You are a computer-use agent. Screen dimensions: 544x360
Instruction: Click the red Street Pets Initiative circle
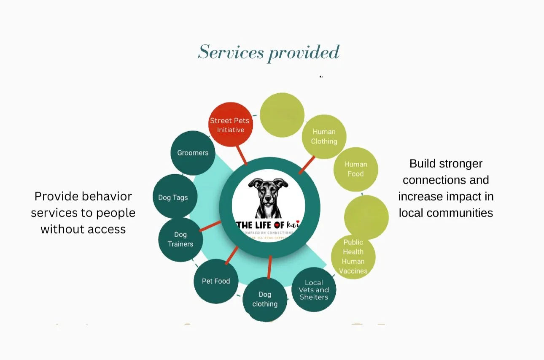(x=230, y=125)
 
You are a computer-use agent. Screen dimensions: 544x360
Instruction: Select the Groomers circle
(x=193, y=153)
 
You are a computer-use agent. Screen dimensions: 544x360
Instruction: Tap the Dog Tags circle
(x=173, y=197)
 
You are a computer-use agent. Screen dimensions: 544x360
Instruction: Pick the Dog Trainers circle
(x=180, y=239)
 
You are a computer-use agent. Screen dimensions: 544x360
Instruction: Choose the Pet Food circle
(x=216, y=281)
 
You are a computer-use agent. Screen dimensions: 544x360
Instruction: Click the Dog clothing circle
(x=265, y=299)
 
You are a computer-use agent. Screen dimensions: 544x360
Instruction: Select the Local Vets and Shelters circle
(x=314, y=290)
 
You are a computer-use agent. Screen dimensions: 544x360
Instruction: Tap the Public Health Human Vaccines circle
(x=353, y=257)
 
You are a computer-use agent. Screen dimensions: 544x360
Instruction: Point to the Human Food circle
(x=355, y=169)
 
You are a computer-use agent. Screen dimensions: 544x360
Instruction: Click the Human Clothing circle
(x=324, y=137)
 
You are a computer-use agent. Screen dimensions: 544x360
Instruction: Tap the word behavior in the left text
(x=107, y=196)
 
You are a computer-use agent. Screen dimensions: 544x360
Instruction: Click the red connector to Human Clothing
(x=307, y=165)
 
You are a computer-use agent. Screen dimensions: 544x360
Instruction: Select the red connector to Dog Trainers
(x=210, y=226)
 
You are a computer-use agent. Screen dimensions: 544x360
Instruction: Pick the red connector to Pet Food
(x=232, y=256)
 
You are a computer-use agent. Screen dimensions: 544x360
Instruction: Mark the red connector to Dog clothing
(x=269, y=267)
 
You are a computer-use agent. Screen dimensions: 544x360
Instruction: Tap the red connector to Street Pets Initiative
(x=241, y=155)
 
